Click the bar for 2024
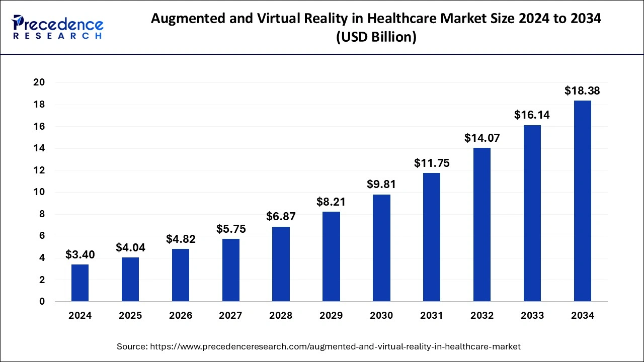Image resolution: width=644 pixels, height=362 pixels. pyautogui.click(x=80, y=283)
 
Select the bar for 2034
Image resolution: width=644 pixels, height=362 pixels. pyautogui.click(x=583, y=201)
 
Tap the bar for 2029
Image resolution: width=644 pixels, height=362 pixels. pyautogui.click(x=331, y=256)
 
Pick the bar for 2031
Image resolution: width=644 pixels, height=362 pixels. pyautogui.click(x=432, y=237)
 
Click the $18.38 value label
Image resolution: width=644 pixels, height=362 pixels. pyautogui.click(x=582, y=91)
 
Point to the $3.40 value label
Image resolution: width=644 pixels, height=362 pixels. pyautogui.click(x=80, y=255)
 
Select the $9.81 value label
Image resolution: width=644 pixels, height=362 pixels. pyautogui.click(x=381, y=185)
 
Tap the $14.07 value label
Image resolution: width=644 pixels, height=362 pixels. pyautogui.click(x=482, y=138)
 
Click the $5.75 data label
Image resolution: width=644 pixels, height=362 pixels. pyautogui.click(x=231, y=229)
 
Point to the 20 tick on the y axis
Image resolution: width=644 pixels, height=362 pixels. pyautogui.click(x=39, y=82)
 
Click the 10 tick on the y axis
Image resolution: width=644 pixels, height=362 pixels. pyautogui.click(x=39, y=192)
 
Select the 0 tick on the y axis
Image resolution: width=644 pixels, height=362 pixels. pyautogui.click(x=42, y=302)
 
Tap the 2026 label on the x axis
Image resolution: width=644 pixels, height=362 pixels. pyautogui.click(x=181, y=316)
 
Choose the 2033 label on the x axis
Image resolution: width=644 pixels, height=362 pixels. pyautogui.click(x=532, y=316)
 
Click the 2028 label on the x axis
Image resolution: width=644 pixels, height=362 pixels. pyautogui.click(x=281, y=316)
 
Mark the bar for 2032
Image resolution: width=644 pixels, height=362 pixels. pyautogui.click(x=482, y=225)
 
